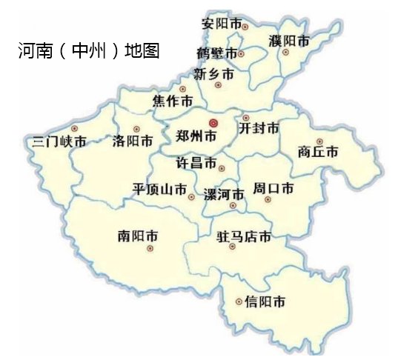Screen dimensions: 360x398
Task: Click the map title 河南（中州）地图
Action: [x=89, y=52]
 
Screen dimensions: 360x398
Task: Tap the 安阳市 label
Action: [x=222, y=24]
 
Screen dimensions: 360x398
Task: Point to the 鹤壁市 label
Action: [x=217, y=54]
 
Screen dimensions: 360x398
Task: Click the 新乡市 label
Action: [x=213, y=74]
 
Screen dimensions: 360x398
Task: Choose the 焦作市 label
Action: [x=173, y=101]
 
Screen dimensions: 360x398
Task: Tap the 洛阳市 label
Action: [x=133, y=140]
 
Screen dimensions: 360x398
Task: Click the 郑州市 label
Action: [x=197, y=137]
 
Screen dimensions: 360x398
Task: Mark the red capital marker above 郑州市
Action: [x=213, y=122]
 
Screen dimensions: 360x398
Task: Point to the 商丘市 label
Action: [x=317, y=153]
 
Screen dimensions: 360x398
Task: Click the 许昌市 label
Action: [x=195, y=163]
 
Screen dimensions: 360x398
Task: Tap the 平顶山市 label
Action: [x=159, y=189]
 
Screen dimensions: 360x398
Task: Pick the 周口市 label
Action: [x=273, y=188]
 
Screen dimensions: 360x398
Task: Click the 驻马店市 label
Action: [x=243, y=238]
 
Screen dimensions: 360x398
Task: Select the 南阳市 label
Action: [x=138, y=236]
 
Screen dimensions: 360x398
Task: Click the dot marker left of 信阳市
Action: [x=238, y=301]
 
